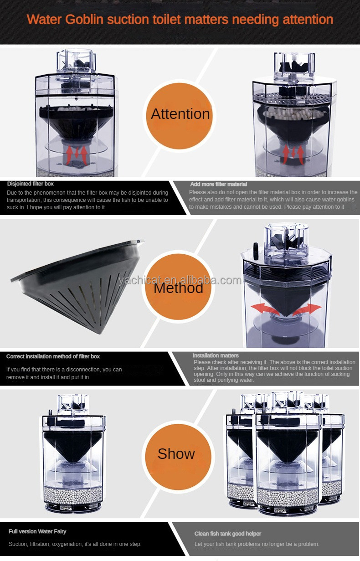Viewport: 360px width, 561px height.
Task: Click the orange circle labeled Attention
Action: click(x=180, y=113)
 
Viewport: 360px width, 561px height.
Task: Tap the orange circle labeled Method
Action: click(x=178, y=288)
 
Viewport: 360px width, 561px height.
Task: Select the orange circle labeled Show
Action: click(x=176, y=453)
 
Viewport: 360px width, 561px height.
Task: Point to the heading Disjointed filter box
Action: click(x=31, y=184)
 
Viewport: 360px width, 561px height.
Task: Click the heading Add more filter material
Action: click(x=218, y=184)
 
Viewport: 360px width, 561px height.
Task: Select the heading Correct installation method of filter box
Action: click(x=53, y=356)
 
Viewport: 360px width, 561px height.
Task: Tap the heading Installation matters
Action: click(x=216, y=355)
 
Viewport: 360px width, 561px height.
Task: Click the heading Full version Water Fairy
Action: click(x=37, y=531)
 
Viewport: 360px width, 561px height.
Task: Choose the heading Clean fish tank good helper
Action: click(x=228, y=534)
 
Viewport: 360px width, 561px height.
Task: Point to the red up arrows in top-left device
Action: click(x=77, y=154)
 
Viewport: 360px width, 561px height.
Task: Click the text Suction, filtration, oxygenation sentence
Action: click(x=75, y=544)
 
